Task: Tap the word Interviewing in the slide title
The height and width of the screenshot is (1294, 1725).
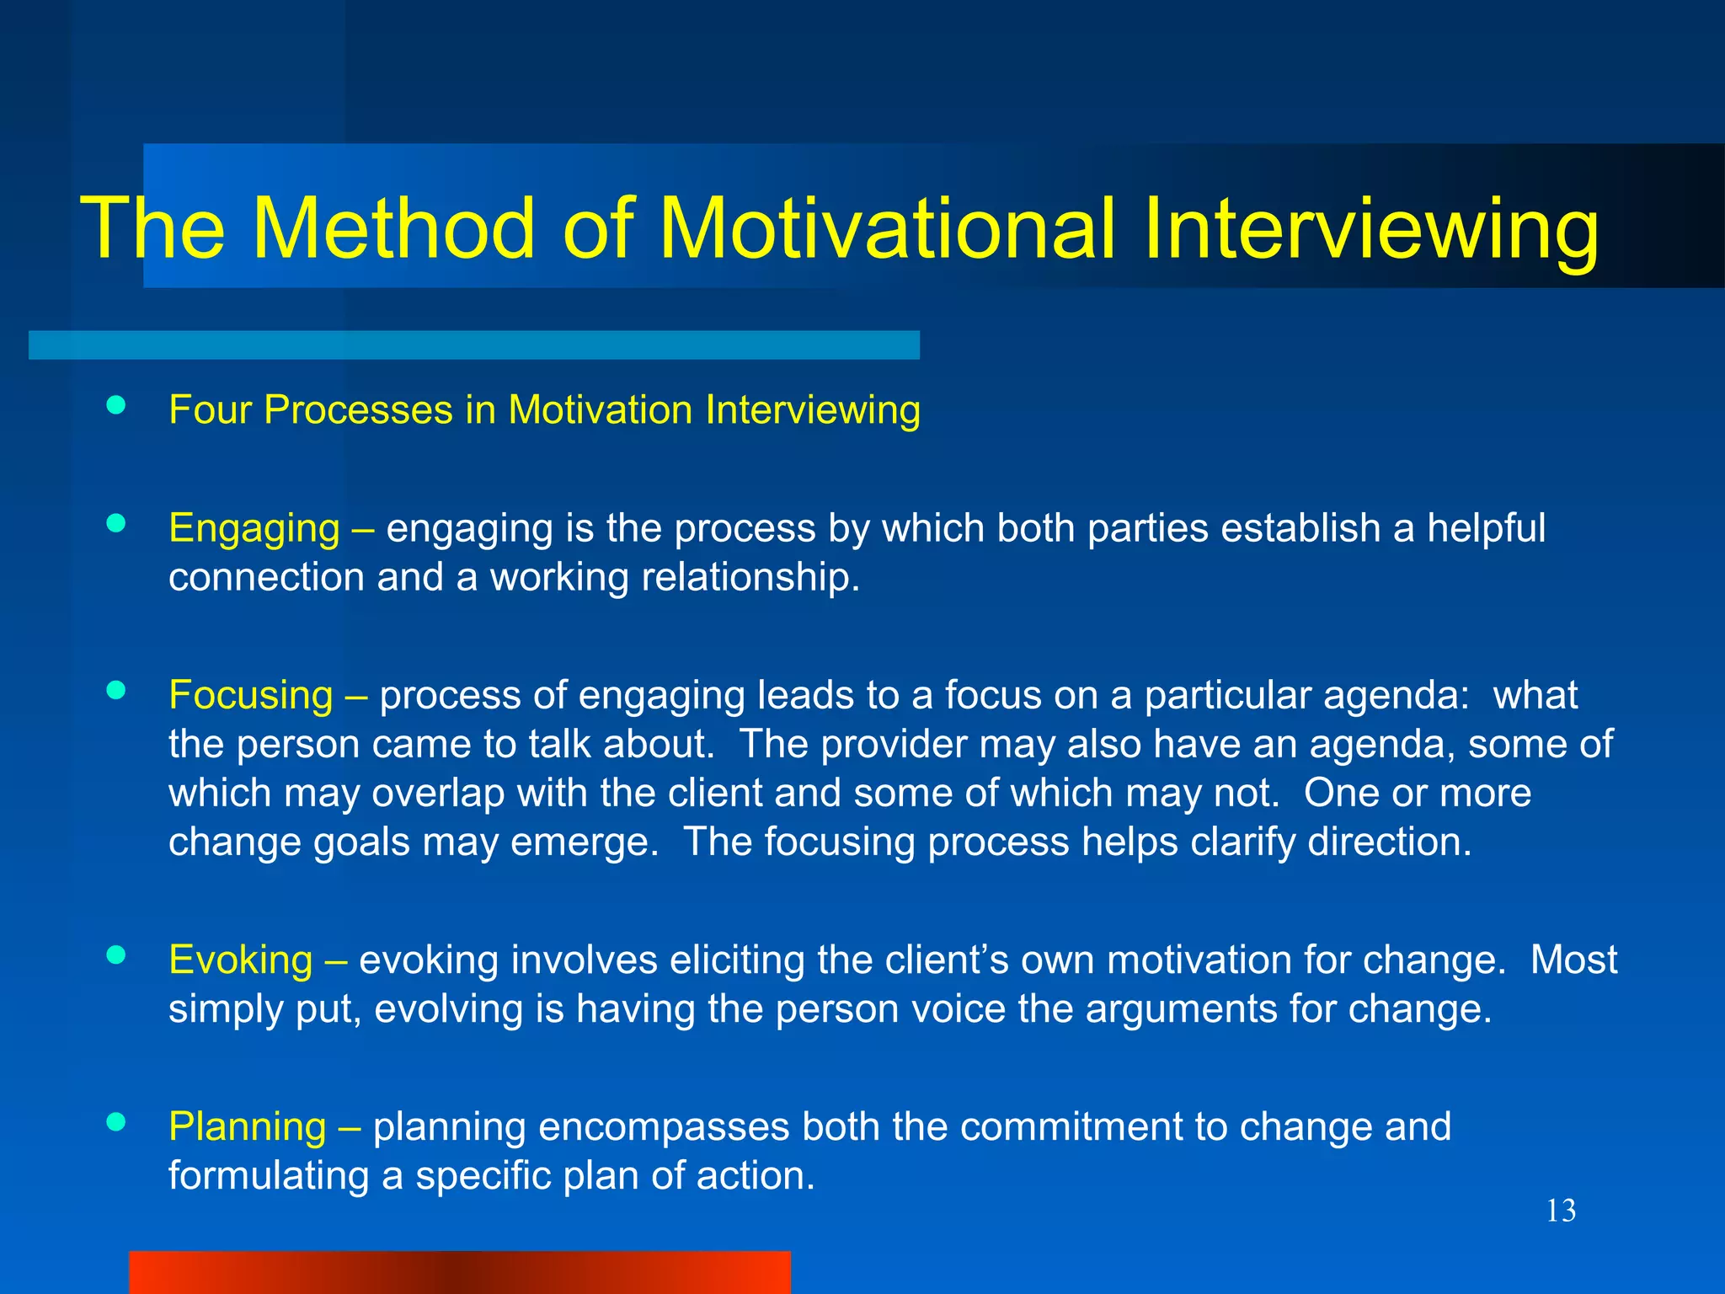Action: [x=1370, y=229]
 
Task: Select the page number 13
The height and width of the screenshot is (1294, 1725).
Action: [x=1561, y=1211]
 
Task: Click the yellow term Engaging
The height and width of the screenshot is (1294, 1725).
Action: [x=254, y=528]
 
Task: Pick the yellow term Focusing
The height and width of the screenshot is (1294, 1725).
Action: [x=251, y=695]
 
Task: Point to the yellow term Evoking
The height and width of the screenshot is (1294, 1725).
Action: [x=240, y=960]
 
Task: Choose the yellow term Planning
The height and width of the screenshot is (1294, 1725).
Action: [x=247, y=1126]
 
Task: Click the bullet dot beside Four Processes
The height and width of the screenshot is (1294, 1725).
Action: [x=116, y=406]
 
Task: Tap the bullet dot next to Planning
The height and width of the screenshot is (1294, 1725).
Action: [x=116, y=1122]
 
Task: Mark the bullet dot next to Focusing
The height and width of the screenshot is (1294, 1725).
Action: [x=116, y=691]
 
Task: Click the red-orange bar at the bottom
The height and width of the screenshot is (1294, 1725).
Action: [x=460, y=1271]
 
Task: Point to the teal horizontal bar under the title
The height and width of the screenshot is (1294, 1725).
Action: [x=473, y=345]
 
